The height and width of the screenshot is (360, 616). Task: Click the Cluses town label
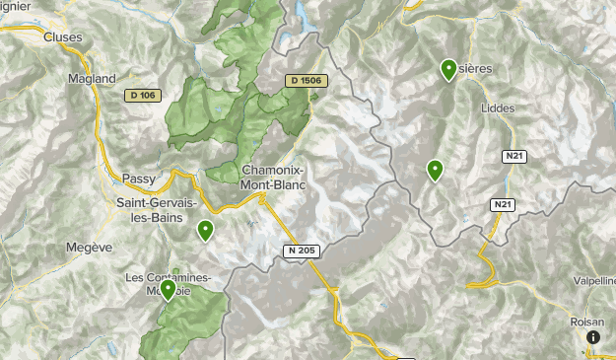point(62,37)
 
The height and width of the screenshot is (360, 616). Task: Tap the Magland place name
point(92,79)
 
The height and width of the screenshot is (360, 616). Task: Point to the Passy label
point(139,179)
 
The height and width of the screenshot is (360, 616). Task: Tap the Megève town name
point(91,247)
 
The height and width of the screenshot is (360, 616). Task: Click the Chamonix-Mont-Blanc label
point(273,177)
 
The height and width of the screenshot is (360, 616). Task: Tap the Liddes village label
point(498,108)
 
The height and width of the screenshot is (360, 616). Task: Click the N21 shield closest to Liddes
point(513,157)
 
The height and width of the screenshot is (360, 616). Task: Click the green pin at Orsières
point(447,69)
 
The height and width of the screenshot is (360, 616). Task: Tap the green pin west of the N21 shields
point(435,171)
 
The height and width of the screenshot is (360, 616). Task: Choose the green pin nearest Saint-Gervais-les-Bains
point(205,231)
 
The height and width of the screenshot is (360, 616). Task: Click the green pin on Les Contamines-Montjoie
point(168,290)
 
